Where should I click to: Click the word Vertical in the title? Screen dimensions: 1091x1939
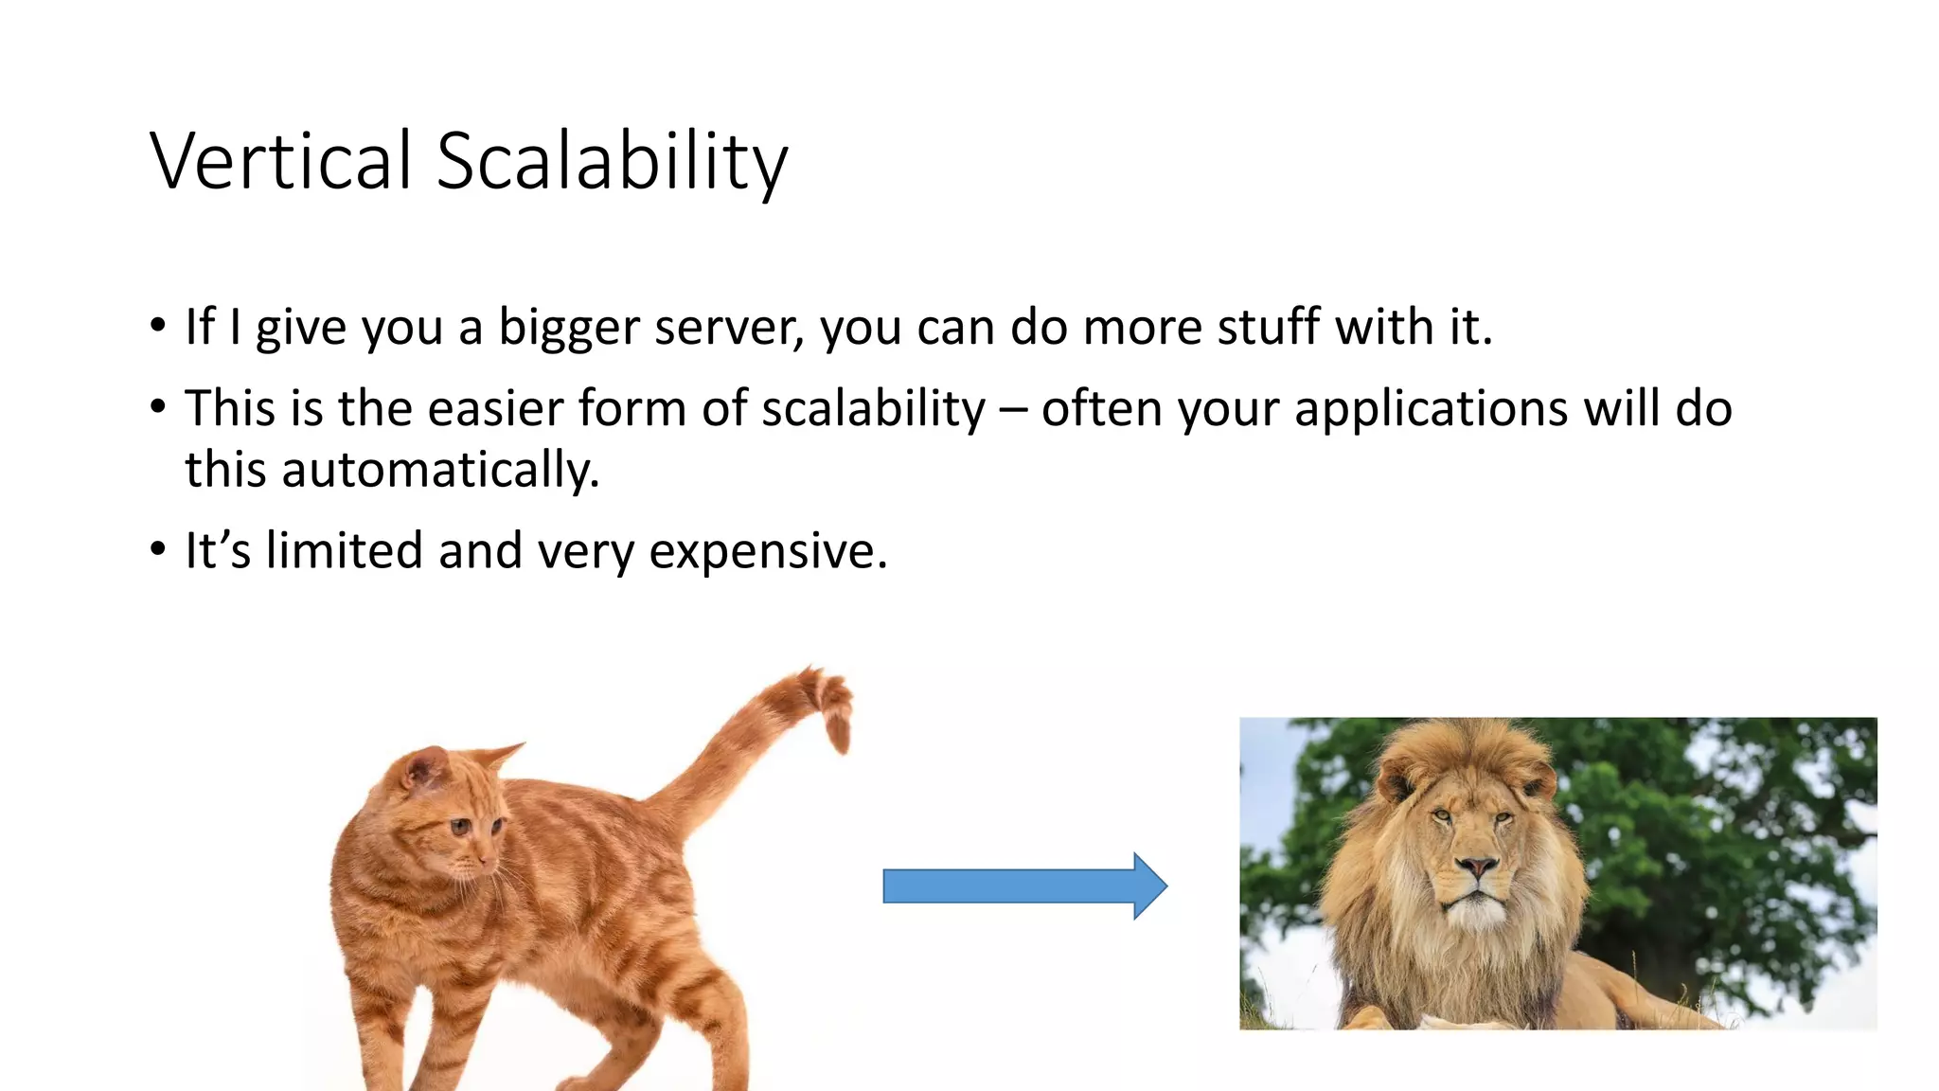point(281,161)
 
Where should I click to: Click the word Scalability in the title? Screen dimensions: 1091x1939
point(611,161)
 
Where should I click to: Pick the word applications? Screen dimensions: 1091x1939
point(1431,409)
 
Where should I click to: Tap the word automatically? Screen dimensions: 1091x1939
point(440,470)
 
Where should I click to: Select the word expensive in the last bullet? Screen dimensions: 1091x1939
point(768,551)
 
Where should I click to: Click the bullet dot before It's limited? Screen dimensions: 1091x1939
point(157,549)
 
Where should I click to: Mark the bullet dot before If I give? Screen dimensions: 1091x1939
point(157,326)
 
